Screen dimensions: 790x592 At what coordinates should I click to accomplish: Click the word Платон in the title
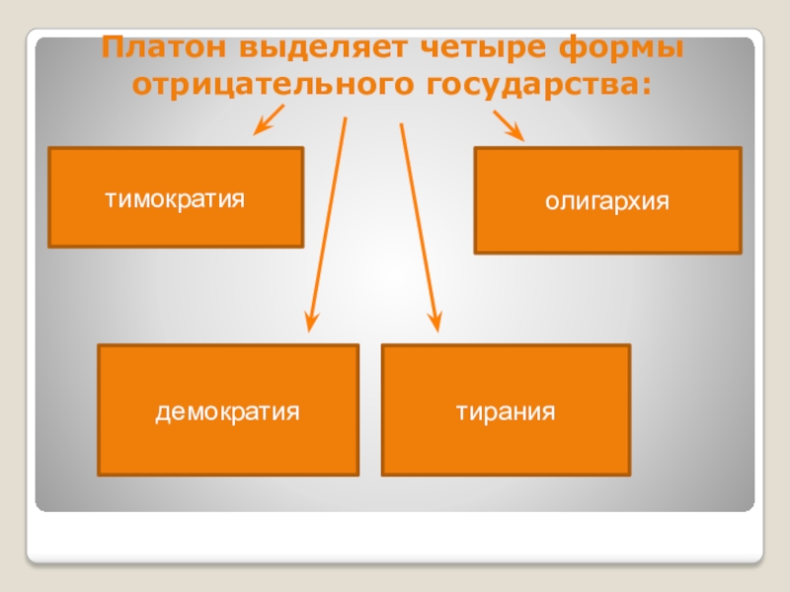[x=165, y=47]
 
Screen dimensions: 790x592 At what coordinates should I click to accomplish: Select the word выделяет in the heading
[x=323, y=47]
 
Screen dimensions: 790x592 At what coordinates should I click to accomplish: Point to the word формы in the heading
[x=621, y=48]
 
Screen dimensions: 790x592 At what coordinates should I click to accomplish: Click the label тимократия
[x=175, y=199]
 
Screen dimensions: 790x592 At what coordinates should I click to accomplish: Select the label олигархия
[x=607, y=202]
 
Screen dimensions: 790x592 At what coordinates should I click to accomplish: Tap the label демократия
[x=227, y=412]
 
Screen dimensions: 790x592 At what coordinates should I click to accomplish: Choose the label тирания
[x=506, y=412]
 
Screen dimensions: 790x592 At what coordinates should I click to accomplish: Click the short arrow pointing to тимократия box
[x=269, y=119]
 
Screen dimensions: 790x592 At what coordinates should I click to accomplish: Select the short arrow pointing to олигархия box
[x=509, y=126]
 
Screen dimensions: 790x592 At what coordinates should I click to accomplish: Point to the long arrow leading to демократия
[x=328, y=225]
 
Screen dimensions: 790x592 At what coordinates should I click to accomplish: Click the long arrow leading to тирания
[x=421, y=228]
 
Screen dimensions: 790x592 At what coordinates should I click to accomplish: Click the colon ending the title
[x=647, y=86]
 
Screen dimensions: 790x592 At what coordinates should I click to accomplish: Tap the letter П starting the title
[x=113, y=47]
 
